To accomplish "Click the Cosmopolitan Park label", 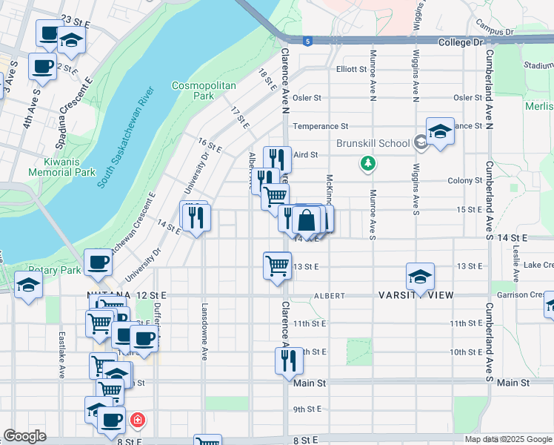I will click(203, 90).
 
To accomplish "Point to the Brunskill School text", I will click(373, 143).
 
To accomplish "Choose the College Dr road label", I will click(459, 43).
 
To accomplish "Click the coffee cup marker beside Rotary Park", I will click(99, 261).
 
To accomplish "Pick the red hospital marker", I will click(137, 421).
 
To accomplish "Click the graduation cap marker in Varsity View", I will click(420, 276).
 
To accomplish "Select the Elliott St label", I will click(351, 69).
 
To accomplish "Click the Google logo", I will click(24, 436).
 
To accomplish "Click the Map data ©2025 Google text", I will click(507, 439).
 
